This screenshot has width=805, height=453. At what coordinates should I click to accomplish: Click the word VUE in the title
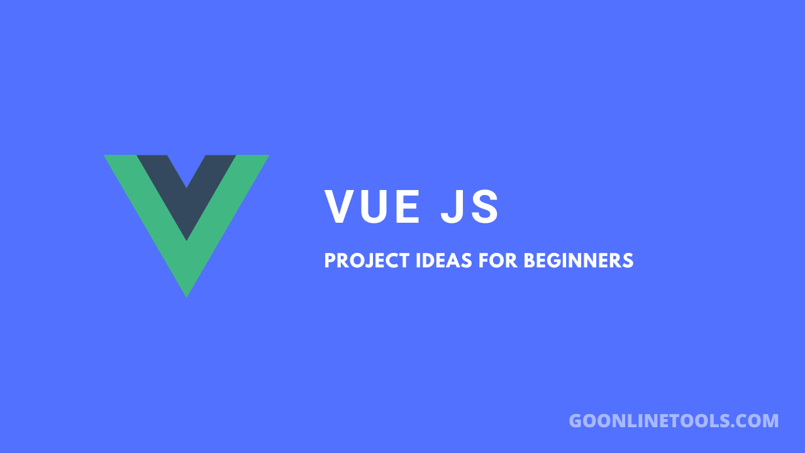(x=372, y=207)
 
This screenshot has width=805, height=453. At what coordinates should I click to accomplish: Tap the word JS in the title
(x=470, y=207)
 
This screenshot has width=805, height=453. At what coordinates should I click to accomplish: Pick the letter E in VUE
(x=408, y=207)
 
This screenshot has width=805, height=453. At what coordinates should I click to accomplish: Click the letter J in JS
(x=452, y=207)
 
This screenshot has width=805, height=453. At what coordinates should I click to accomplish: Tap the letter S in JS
(x=486, y=207)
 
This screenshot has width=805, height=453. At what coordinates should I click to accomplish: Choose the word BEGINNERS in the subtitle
(x=579, y=260)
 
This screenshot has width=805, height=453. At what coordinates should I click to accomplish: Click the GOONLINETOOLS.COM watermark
(x=674, y=421)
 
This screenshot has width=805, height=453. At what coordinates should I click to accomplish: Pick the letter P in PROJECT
(x=330, y=260)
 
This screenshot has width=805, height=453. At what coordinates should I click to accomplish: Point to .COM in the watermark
(x=755, y=421)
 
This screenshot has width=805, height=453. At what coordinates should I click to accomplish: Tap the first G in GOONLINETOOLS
(x=576, y=421)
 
